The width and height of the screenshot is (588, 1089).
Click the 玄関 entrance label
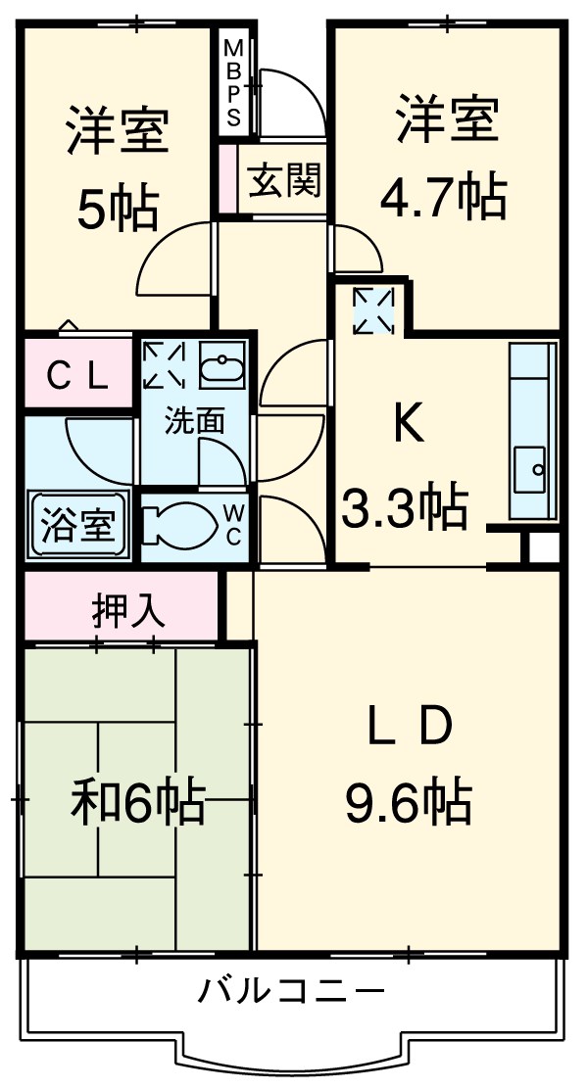point(284,182)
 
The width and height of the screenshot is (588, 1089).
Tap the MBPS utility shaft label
point(234,83)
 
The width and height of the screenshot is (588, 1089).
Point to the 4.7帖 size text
point(443,196)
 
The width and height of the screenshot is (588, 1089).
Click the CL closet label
point(78,374)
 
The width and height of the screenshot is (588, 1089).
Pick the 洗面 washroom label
point(194,422)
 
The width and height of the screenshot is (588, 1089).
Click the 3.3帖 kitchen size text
point(405,506)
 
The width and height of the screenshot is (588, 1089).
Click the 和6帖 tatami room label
point(137,801)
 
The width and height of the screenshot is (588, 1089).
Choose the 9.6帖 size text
point(408,803)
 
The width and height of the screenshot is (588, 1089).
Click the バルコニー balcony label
point(291,993)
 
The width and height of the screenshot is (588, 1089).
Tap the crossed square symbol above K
point(372,309)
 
